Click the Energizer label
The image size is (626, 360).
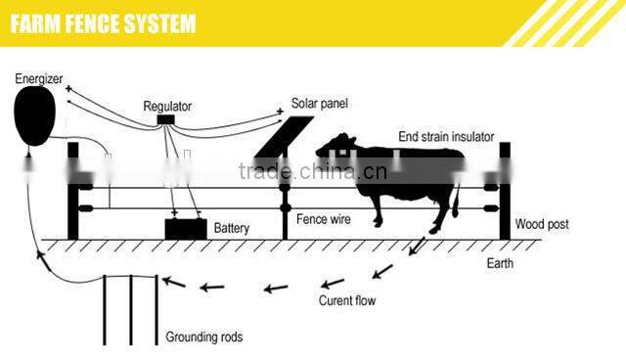[39, 76]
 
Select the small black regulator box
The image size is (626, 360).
[167, 119]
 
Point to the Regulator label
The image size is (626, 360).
[167, 105]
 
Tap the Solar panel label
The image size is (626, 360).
[320, 104]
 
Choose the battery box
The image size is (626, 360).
[185, 229]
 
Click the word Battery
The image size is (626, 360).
[232, 228]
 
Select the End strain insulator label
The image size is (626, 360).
[446, 136]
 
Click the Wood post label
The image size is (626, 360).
[542, 225]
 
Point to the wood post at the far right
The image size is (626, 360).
[505, 191]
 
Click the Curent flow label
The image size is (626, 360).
[347, 300]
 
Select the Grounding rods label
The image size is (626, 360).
[204, 337]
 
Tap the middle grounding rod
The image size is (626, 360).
[131, 308]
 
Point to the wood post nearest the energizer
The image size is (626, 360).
[72, 191]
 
